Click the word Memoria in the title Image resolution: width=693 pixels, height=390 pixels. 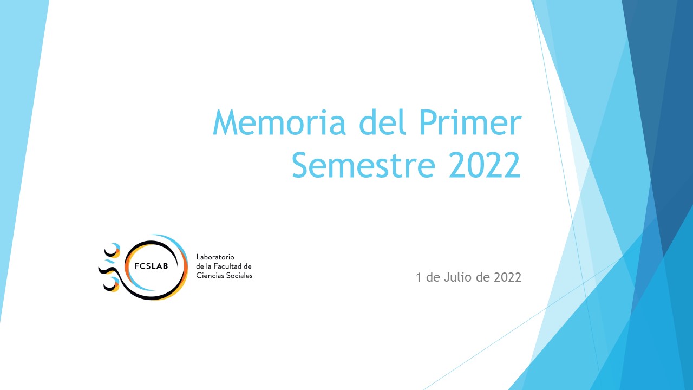coord(279,122)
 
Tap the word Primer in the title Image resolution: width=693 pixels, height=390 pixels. coord(470,122)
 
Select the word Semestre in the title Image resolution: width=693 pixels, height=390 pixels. coord(363,165)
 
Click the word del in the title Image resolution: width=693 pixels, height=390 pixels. coord(382,122)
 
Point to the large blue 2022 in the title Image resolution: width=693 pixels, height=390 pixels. coord(485,165)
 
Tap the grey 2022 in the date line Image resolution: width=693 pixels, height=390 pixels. coord(508,277)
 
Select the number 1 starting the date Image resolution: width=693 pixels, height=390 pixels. coord(419,277)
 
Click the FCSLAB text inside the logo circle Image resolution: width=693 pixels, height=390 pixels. coord(151,266)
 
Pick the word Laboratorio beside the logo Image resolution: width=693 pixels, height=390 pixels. coord(215,257)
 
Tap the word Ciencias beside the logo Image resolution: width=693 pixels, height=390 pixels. coord(210,276)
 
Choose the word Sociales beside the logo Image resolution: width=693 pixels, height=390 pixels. coord(239,276)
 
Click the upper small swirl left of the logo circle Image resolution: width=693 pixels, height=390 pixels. coord(113,251)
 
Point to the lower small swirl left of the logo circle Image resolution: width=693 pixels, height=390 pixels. coord(112,284)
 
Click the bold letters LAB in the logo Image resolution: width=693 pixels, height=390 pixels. coord(160,266)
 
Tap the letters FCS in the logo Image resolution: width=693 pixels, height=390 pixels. coord(142,266)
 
